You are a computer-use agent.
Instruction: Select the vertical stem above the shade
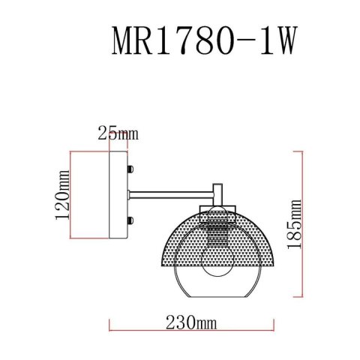pos(218,191)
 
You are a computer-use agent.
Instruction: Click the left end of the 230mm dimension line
pos(111,325)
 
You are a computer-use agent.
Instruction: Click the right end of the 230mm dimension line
pos(274,325)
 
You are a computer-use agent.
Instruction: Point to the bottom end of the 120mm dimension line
pos(71,239)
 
